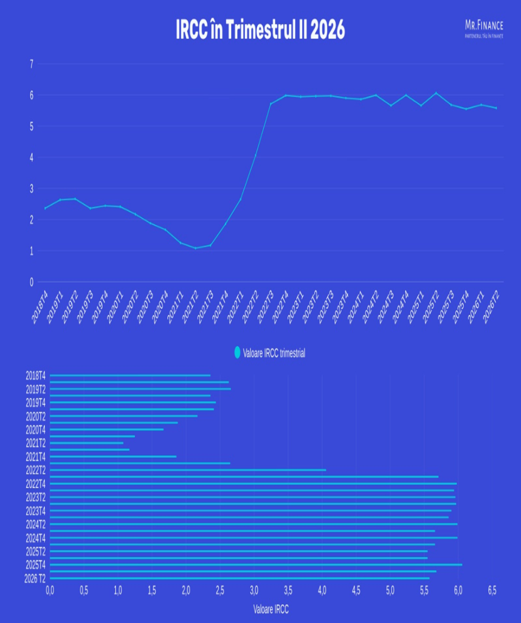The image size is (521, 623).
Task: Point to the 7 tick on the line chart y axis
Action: click(x=30, y=64)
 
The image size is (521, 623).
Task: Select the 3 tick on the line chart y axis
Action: click(x=30, y=189)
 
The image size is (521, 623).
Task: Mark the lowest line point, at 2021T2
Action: click(x=195, y=248)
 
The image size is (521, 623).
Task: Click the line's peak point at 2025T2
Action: click(x=436, y=93)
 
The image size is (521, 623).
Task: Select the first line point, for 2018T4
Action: click(x=45, y=208)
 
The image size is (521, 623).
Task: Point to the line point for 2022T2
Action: click(x=255, y=156)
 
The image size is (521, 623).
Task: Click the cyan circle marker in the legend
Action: click(x=237, y=352)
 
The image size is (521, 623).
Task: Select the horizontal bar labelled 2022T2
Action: click(x=188, y=470)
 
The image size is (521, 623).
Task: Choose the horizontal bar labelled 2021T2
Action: click(x=86, y=443)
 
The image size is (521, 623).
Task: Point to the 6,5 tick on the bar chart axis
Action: click(x=492, y=590)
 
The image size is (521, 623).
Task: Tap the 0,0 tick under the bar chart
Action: click(x=50, y=590)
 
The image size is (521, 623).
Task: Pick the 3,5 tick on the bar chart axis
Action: click(x=288, y=590)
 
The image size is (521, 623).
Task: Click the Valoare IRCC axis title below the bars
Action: click(x=271, y=608)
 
